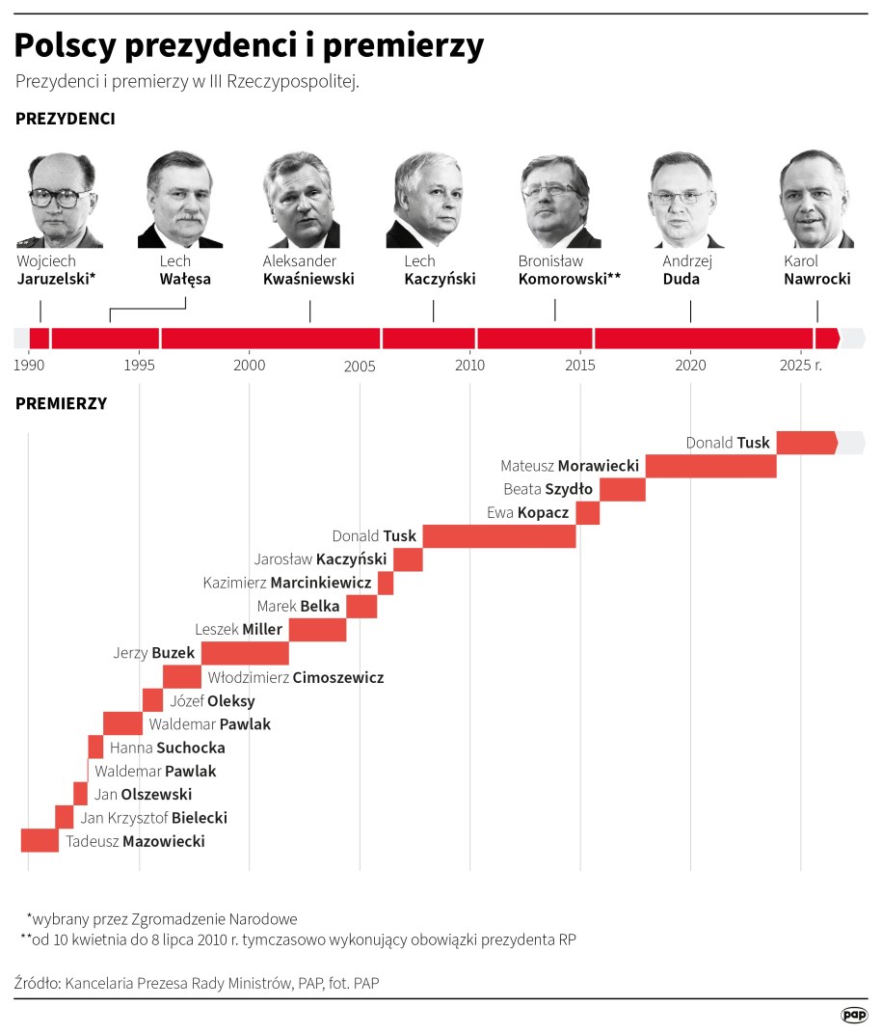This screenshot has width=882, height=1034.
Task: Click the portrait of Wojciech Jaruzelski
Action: pos(60,200)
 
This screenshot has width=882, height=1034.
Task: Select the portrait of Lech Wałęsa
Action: pos(180,200)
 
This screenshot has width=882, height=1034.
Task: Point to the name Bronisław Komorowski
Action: pos(569,270)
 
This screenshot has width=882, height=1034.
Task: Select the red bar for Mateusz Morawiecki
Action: pos(710,466)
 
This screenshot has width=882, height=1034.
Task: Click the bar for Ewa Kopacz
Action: pos(588,512)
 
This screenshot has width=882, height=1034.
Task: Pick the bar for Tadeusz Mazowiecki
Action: pos(40,841)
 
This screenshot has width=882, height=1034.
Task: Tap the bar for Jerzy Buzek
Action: pos(245,653)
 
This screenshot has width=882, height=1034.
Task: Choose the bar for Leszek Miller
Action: pos(317,630)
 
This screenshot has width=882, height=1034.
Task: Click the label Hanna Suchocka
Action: pos(167,748)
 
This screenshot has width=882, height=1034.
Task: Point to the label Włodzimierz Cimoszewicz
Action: pos(296,677)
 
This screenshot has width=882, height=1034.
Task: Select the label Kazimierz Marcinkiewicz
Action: pos(286,583)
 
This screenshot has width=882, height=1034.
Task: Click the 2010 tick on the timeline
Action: pos(469,366)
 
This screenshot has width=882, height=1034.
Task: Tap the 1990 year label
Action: pos(29,366)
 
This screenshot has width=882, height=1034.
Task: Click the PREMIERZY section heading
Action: pos(61,403)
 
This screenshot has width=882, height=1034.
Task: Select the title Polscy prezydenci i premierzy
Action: pos(249,45)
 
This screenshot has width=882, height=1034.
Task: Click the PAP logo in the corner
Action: pos(853,1014)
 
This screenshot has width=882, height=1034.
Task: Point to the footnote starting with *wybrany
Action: pos(162,918)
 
